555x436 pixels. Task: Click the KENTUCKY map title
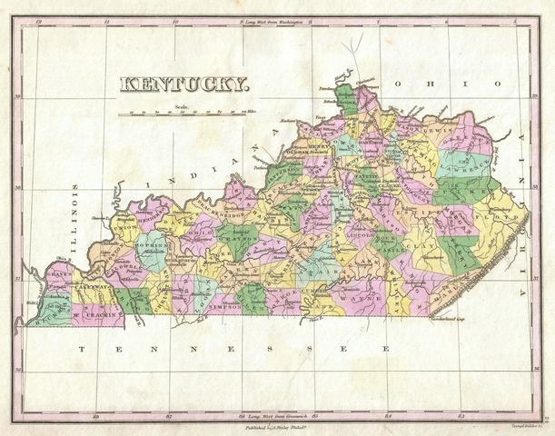tap(184, 84)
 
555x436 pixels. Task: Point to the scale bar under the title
tap(185, 114)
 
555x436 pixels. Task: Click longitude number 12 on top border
tap(38, 19)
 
